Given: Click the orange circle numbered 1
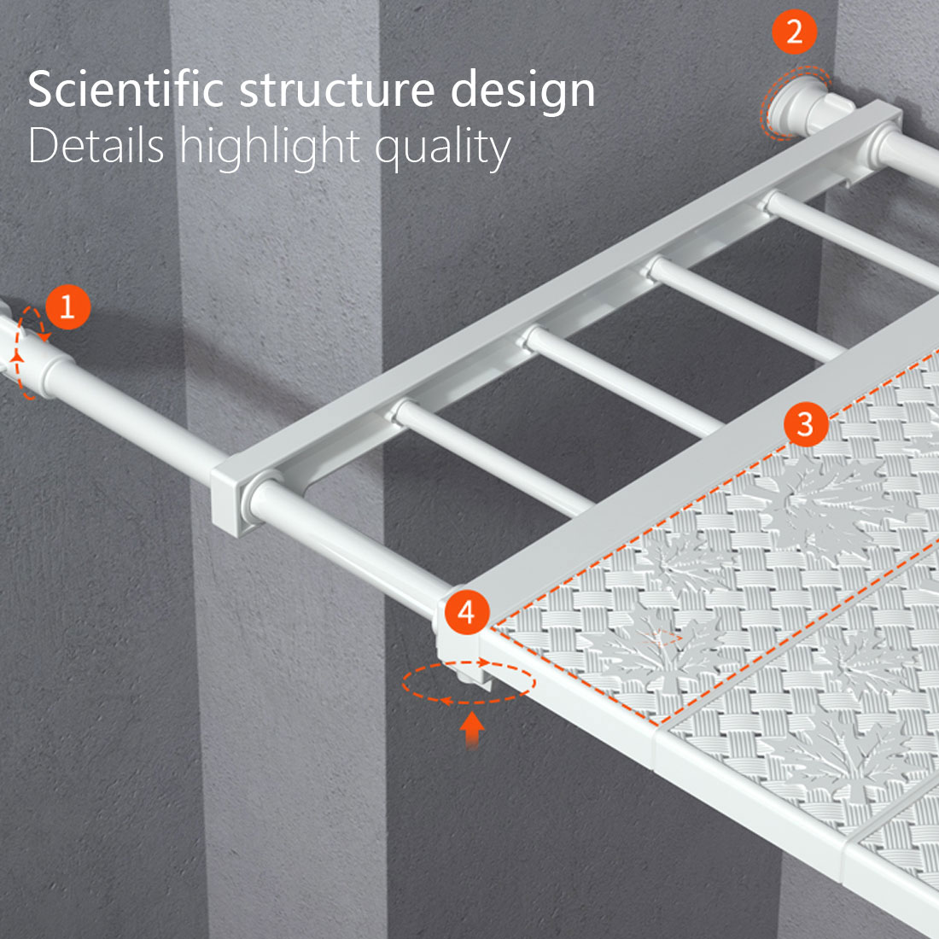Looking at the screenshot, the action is tap(67, 306).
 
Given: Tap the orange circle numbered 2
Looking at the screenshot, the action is tap(794, 32).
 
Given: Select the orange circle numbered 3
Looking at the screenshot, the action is tap(806, 424).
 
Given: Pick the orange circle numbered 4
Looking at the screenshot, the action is tap(466, 612).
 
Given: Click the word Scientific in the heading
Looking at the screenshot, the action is tap(125, 90).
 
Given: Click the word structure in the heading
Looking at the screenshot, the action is tap(337, 90).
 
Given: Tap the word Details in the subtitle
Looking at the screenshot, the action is tap(96, 145).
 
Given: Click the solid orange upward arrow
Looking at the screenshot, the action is tap(472, 729).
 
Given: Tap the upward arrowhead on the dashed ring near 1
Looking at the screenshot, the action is tap(17, 358).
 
